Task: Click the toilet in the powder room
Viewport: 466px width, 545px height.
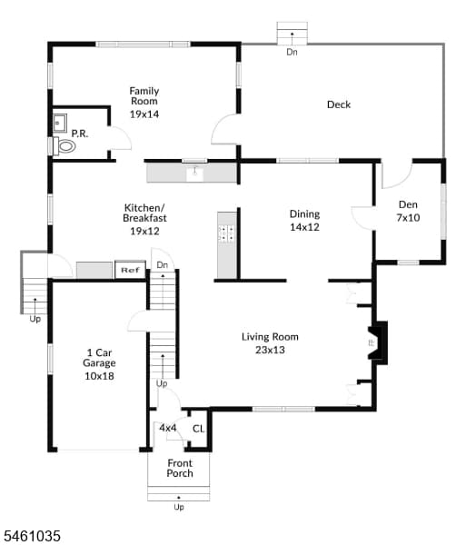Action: coord(64,146)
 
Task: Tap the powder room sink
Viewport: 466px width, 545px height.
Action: coord(59,123)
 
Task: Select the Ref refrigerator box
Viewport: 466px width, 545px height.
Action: coord(130,270)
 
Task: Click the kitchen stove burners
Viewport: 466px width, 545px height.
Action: coord(226,233)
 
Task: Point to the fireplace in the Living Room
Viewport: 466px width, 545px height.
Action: coord(378,342)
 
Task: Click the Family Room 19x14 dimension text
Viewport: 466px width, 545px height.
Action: coord(144,114)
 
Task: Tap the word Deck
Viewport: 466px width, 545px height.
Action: coord(339,104)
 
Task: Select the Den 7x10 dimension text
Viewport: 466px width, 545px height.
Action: coord(408,218)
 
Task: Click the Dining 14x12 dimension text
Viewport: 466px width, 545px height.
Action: coord(304,227)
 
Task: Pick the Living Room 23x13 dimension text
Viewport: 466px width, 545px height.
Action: coord(270,350)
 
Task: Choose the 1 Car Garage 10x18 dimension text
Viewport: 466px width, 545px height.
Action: coord(99,376)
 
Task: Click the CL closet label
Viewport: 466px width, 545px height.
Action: coord(198,429)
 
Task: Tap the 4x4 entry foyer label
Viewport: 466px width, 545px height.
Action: coord(168,428)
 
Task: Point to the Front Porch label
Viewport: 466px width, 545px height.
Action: coord(180,468)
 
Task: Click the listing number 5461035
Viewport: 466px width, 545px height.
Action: coord(32,536)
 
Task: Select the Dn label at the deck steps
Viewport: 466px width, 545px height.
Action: coord(292,52)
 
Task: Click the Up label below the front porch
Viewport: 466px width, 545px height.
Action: coord(179,507)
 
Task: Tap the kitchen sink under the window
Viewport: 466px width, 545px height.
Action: coord(195,172)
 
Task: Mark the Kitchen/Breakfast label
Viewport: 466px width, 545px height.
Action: coord(144,213)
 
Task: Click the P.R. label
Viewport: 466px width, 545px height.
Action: coord(80,134)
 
